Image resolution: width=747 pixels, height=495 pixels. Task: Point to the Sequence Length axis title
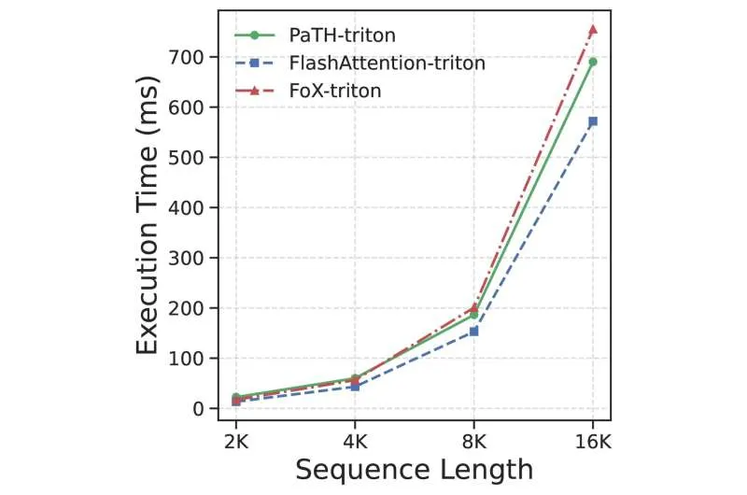[x=414, y=469]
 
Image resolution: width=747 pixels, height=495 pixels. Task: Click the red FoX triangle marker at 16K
[x=592, y=30]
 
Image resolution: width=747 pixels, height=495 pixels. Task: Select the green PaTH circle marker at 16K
[x=592, y=62]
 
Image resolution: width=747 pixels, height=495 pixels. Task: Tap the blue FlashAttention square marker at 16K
[x=592, y=121]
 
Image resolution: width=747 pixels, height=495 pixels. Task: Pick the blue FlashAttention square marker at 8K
[x=473, y=331]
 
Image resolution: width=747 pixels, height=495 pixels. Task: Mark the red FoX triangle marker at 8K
[x=473, y=306]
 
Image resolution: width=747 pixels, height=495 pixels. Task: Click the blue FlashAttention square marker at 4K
[x=355, y=387]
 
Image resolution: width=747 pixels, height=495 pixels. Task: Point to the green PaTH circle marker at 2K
[x=236, y=397]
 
